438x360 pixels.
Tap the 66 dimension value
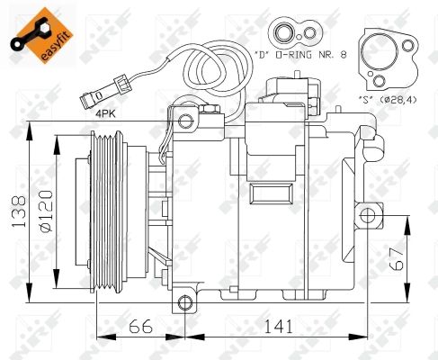click(140, 326)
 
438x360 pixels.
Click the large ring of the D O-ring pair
click(286, 35)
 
